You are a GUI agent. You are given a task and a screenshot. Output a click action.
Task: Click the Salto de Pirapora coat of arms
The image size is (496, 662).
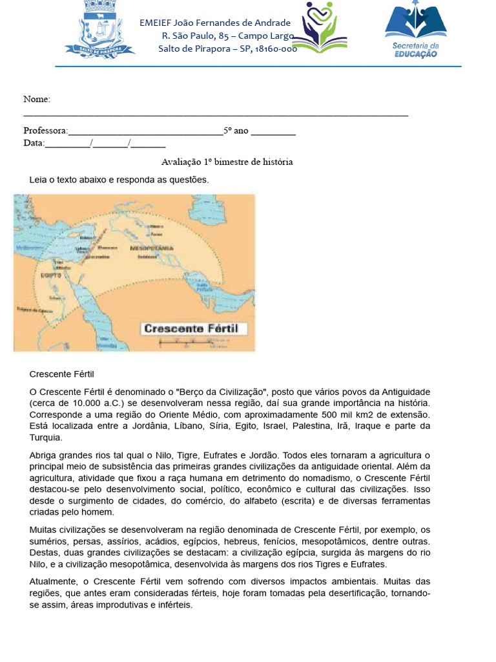point(99,30)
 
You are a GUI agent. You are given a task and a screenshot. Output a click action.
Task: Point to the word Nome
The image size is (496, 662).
point(37,99)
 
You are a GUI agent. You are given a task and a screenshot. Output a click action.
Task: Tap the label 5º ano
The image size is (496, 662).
point(236,131)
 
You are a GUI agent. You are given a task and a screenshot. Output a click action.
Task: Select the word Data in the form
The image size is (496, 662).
point(34,143)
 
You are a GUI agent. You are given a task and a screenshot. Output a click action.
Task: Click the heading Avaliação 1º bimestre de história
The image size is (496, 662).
point(227,162)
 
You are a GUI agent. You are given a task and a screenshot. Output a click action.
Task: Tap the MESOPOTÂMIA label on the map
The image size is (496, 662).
point(152,248)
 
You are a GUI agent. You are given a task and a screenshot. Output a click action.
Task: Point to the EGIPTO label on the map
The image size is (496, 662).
point(50,275)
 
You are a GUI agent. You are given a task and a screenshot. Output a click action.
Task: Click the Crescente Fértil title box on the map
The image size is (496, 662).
point(191,328)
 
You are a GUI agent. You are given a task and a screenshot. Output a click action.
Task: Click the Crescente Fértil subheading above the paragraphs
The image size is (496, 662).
point(62,374)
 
